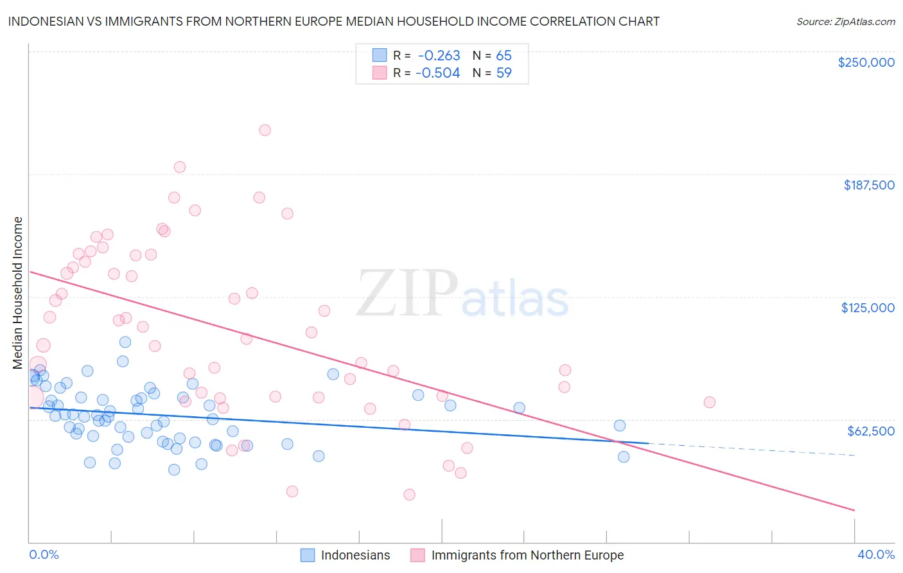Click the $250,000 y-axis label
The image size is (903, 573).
click(x=866, y=62)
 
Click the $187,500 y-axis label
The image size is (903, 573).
click(x=868, y=185)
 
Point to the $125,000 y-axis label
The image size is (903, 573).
click(x=868, y=308)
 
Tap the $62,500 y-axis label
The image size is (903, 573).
click(x=871, y=431)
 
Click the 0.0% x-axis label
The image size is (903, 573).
click(x=44, y=554)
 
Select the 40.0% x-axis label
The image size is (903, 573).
click(x=875, y=554)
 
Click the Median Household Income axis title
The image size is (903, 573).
click(x=17, y=293)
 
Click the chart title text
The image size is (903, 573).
click(x=333, y=21)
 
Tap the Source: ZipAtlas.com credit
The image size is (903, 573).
click(x=845, y=22)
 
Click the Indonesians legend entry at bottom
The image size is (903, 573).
click(x=355, y=555)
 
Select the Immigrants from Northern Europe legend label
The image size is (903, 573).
click(x=527, y=555)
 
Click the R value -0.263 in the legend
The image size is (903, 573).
click(x=439, y=56)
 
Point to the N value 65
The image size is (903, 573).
click(x=504, y=56)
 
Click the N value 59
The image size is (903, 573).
click(x=504, y=73)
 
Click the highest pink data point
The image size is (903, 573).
click(x=265, y=130)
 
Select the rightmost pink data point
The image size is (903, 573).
click(x=709, y=402)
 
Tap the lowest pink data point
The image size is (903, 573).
click(x=409, y=495)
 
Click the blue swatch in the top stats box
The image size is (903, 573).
click(x=380, y=56)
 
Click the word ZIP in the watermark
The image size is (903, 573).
click(x=407, y=294)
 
